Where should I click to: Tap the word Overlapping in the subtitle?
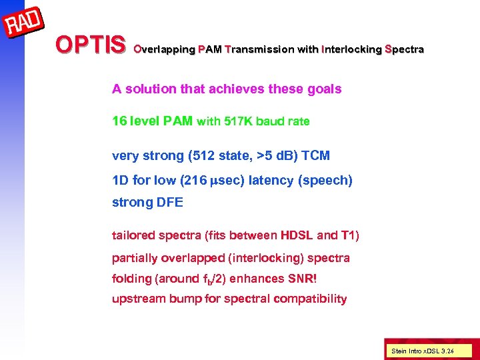164,49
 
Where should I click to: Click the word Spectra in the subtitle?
404,49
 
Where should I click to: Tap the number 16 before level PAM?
119,121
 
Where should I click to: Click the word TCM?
315,155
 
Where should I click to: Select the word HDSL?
297,235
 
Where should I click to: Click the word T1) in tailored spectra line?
352,235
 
